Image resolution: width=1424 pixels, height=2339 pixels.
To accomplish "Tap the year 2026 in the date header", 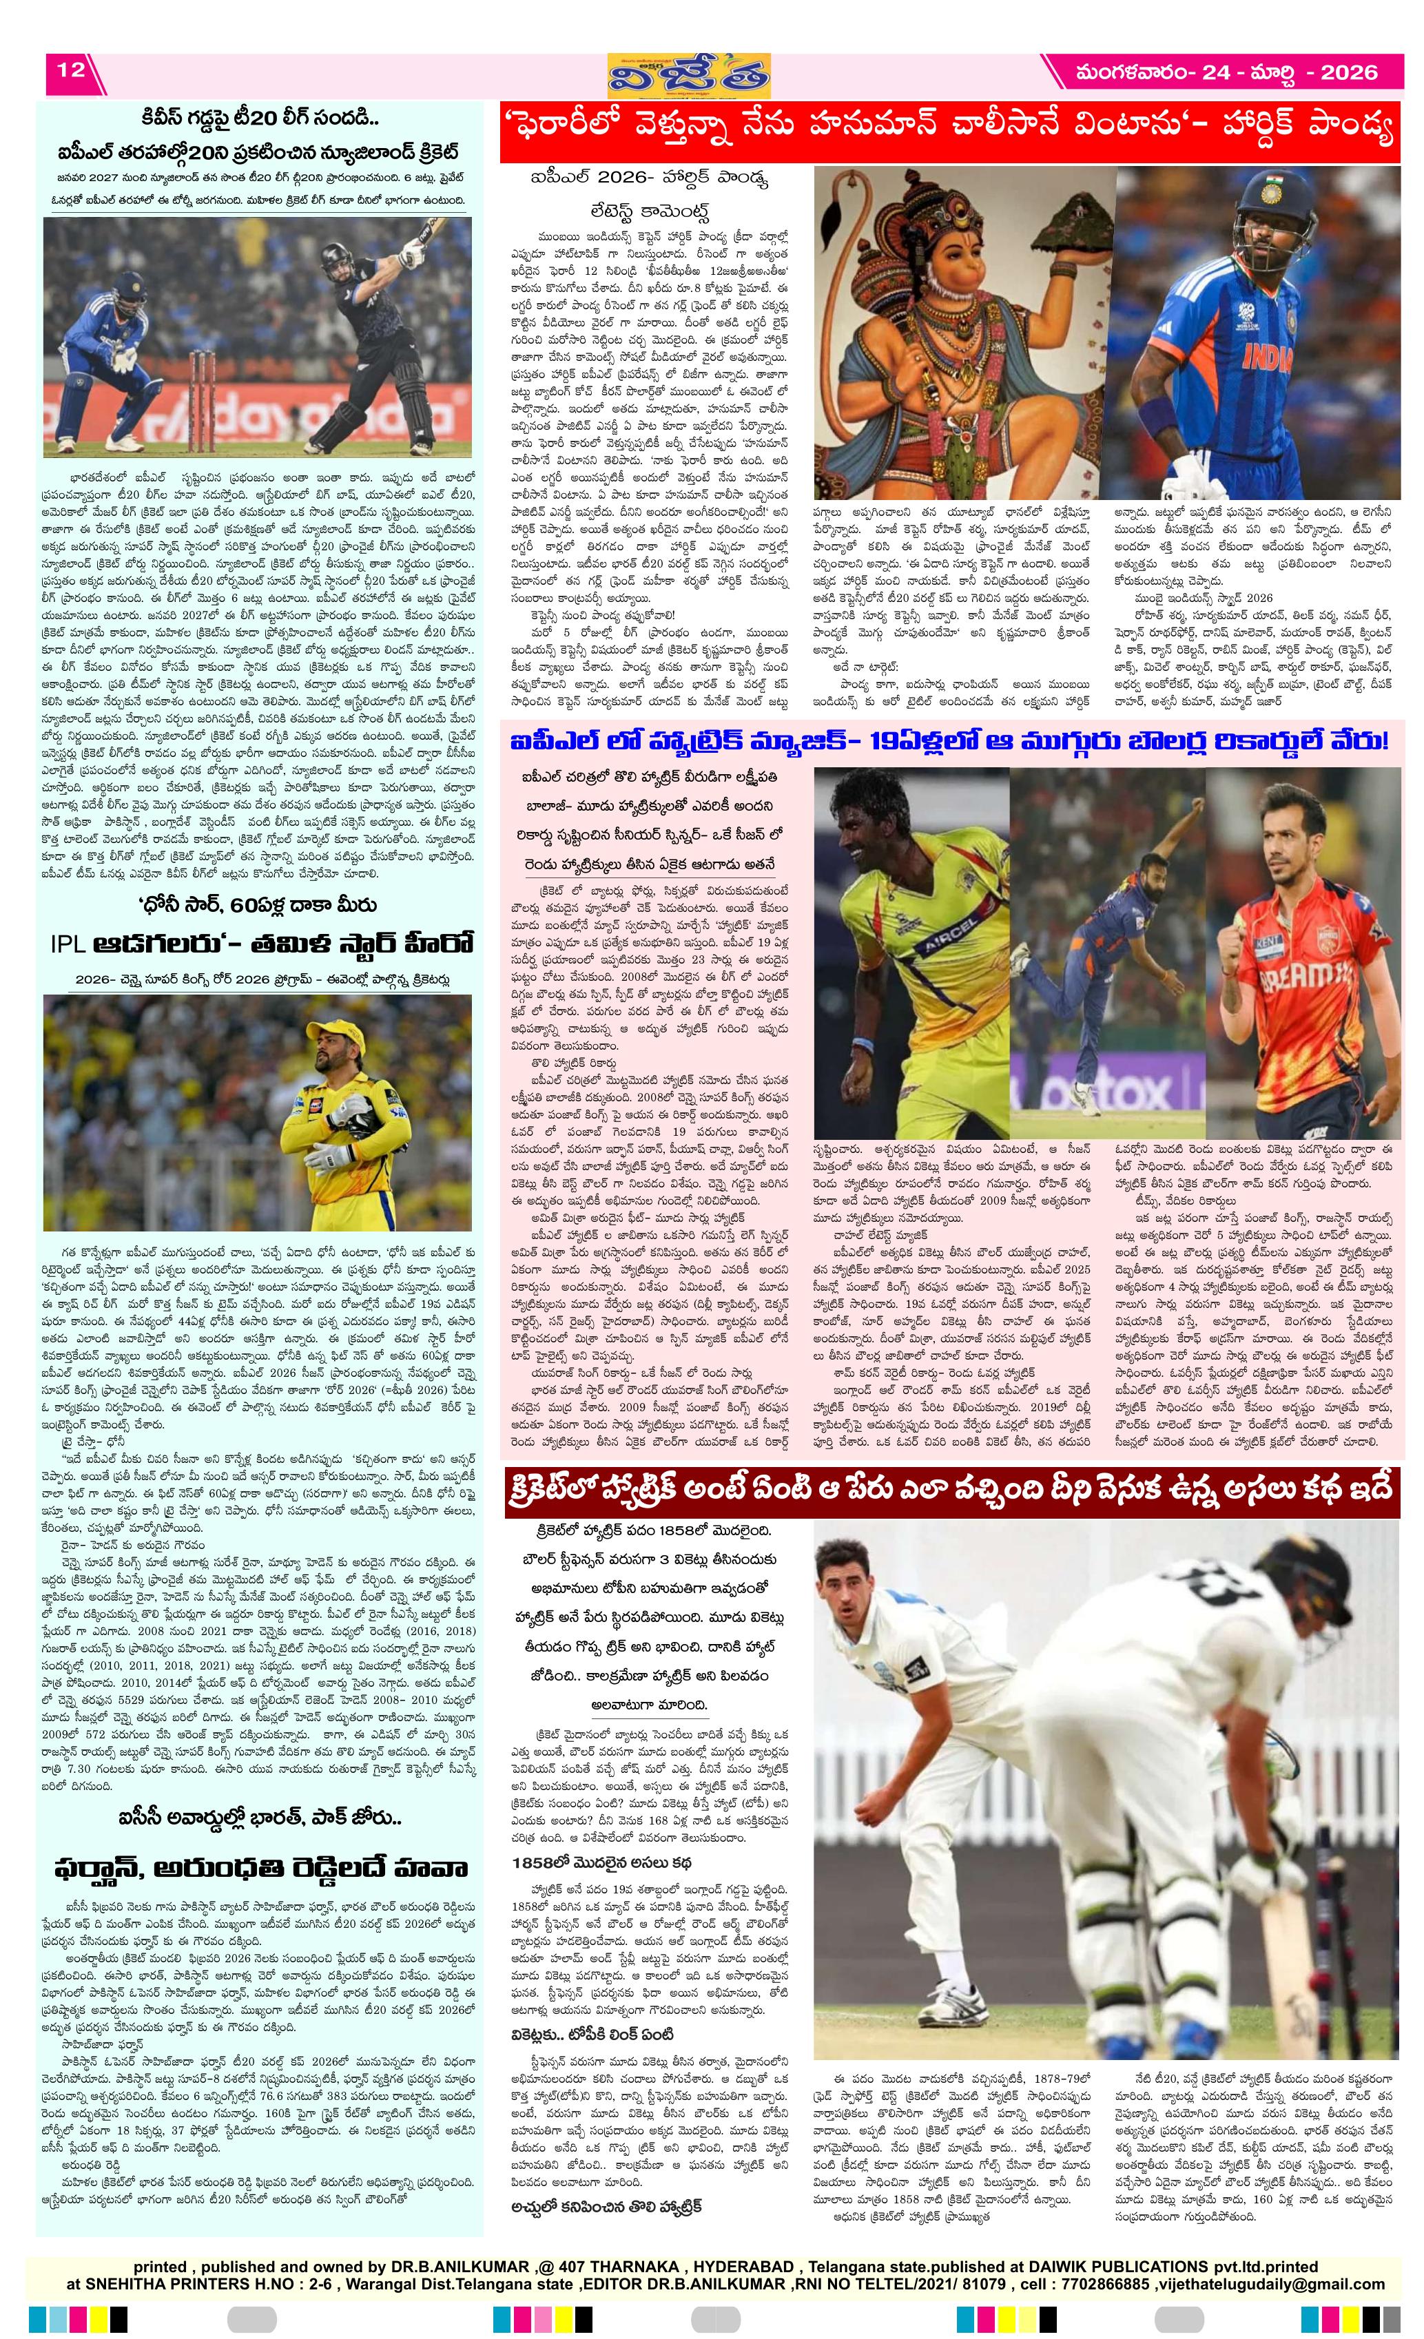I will pos(1348,72).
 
